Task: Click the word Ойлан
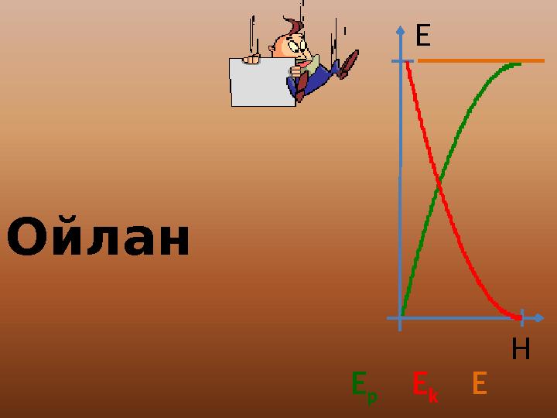(98, 239)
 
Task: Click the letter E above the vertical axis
(422, 36)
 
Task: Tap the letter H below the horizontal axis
(521, 351)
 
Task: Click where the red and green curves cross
(439, 186)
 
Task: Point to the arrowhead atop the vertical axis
(400, 31)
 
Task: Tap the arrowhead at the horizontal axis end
(539, 317)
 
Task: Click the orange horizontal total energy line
(480, 60)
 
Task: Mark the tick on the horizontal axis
(523, 317)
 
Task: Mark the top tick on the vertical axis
(401, 60)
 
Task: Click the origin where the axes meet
(400, 317)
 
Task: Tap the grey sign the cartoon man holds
(261, 81)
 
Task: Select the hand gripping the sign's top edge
(251, 58)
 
